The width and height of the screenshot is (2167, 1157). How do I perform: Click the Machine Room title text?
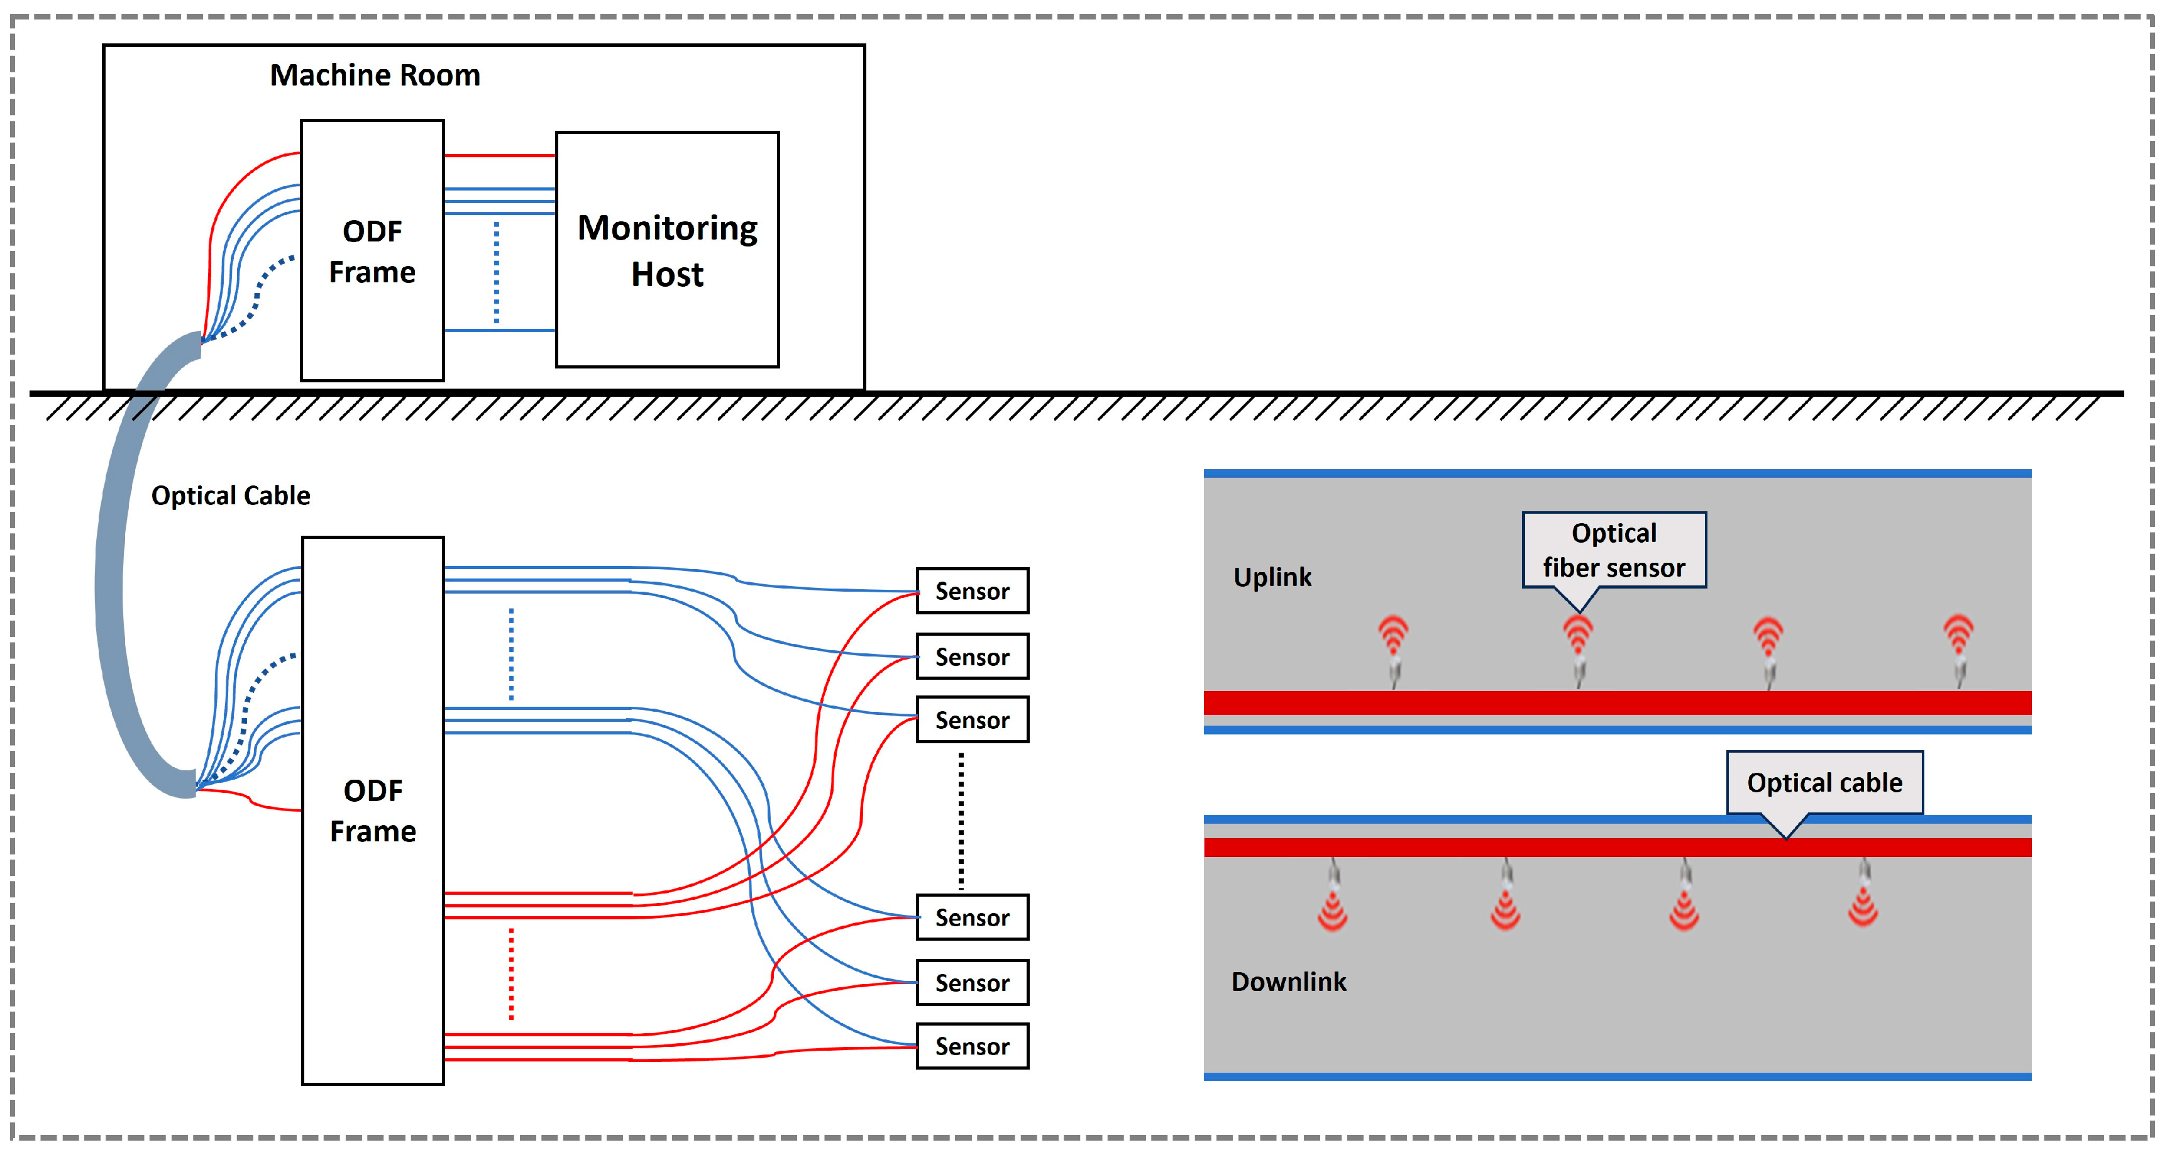pyautogui.click(x=374, y=75)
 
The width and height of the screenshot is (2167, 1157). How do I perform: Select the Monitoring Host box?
pyautogui.click(x=667, y=250)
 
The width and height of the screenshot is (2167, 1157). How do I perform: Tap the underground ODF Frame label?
pyautogui.click(x=373, y=811)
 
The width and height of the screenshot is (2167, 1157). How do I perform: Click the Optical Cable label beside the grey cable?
pyautogui.click(x=231, y=495)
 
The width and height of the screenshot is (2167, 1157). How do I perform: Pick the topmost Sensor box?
pyautogui.click(x=972, y=590)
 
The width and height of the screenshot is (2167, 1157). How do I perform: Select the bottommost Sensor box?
pyautogui.click(x=972, y=1046)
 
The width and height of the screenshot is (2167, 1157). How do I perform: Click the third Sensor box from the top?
pyautogui.click(x=972, y=719)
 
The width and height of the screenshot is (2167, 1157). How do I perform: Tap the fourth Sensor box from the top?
pyautogui.click(x=972, y=917)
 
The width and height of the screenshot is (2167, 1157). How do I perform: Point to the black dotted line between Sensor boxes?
pyautogui.click(x=961, y=821)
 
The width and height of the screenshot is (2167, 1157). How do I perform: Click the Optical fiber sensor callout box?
pyautogui.click(x=1614, y=550)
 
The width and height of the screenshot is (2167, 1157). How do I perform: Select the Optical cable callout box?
pyautogui.click(x=1824, y=783)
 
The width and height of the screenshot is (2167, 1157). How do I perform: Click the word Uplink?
pyautogui.click(x=1272, y=577)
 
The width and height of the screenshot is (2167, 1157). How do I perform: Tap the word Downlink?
pyautogui.click(x=1288, y=982)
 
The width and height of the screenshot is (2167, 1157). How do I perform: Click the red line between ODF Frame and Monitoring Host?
pyautogui.click(x=499, y=156)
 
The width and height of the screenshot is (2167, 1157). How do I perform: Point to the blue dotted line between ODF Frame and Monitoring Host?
pyautogui.click(x=496, y=272)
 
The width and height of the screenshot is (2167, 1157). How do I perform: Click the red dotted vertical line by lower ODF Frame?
pyautogui.click(x=510, y=973)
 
